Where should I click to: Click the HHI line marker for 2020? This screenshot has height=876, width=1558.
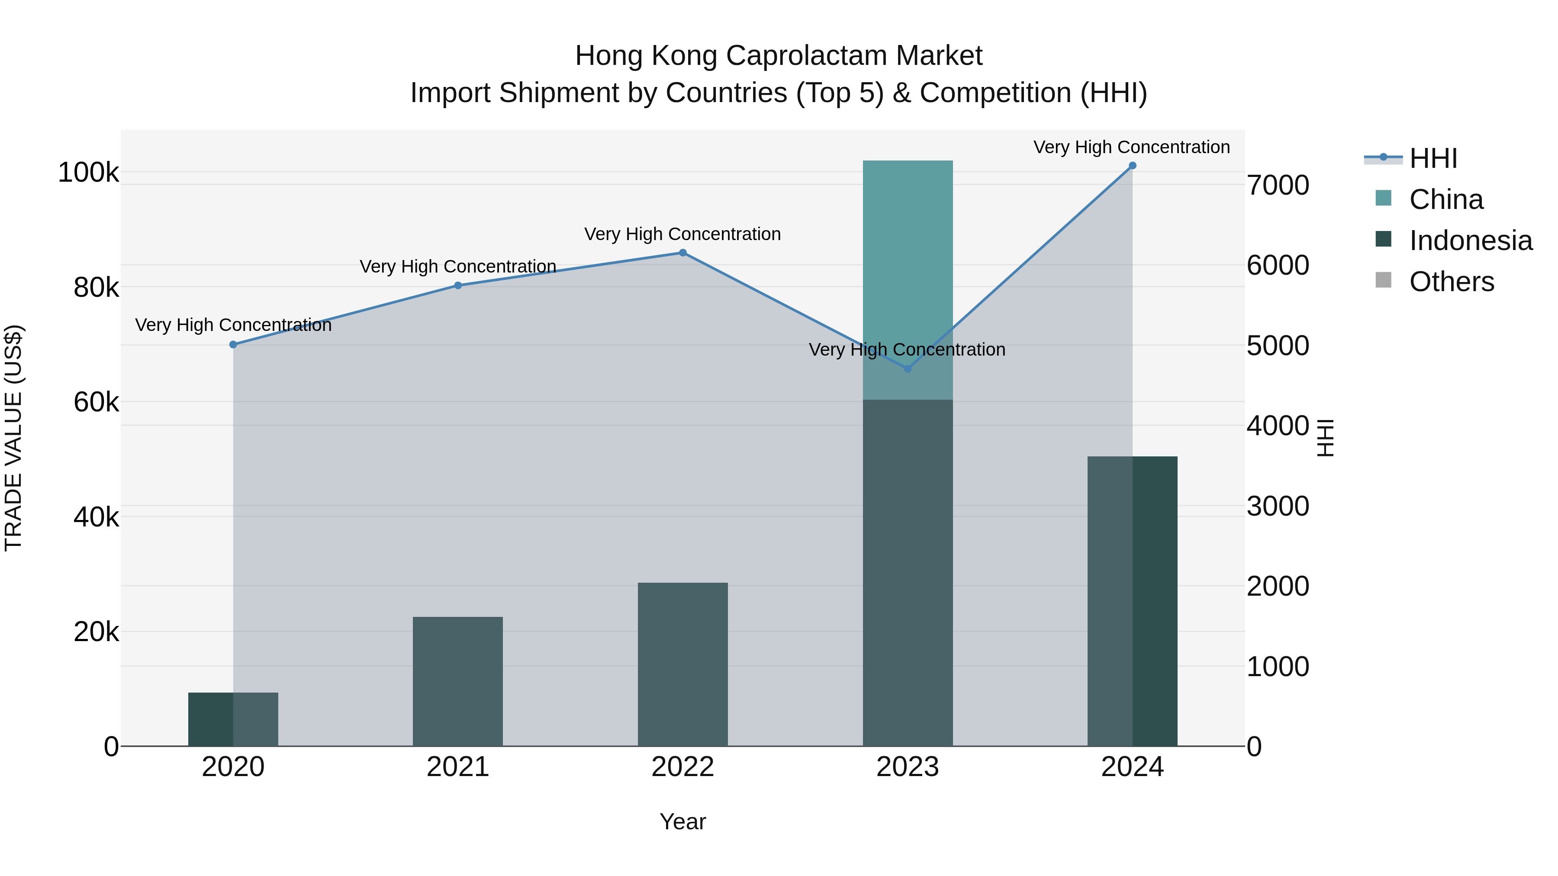point(233,345)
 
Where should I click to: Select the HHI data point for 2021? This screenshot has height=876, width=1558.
point(458,286)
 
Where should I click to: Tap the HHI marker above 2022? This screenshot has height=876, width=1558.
point(683,253)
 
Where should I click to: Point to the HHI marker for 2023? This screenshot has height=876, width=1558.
point(907,368)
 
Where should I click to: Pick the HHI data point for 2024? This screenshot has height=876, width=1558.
point(1132,166)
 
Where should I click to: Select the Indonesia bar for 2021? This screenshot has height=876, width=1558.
point(458,681)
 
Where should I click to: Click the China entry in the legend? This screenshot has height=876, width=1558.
point(1445,199)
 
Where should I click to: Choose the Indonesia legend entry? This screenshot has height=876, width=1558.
point(1470,241)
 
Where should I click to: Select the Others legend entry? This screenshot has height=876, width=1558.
point(1451,282)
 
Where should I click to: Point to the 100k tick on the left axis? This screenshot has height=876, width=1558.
point(88,173)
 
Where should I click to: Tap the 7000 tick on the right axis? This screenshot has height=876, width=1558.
point(1278,185)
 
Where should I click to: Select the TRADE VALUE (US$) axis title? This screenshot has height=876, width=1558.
point(13,438)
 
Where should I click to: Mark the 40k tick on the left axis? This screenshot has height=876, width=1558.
point(96,517)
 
